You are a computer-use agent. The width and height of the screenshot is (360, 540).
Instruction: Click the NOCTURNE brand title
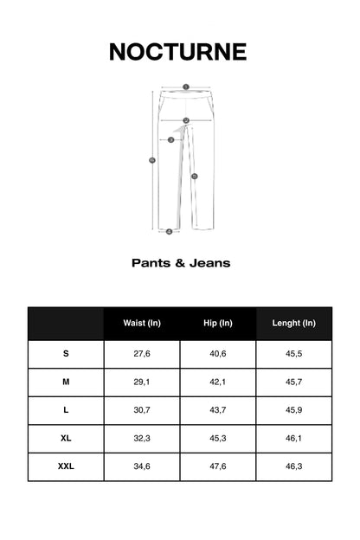tap(178, 52)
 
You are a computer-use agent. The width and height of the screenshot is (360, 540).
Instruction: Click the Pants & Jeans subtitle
tap(181, 262)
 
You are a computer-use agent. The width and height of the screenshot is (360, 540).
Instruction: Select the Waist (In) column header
tap(142, 323)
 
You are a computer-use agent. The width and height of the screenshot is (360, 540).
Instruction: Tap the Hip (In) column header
tap(218, 323)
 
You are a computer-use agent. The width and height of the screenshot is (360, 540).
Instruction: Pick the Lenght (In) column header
tap(294, 323)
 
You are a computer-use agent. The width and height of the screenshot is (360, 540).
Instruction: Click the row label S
tap(66, 354)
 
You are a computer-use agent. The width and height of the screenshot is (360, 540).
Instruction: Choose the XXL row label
tap(66, 466)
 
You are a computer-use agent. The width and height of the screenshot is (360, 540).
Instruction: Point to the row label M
tap(66, 382)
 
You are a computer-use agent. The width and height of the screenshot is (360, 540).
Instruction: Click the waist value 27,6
tap(142, 354)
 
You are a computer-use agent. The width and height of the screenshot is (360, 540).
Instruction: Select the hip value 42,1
tap(218, 382)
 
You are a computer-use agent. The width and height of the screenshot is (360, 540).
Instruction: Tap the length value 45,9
tap(294, 410)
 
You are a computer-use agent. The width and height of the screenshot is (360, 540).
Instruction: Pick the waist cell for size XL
tap(142, 439)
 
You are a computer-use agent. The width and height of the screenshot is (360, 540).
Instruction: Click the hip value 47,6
tap(218, 466)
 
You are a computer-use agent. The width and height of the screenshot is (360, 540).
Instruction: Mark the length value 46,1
tap(294, 439)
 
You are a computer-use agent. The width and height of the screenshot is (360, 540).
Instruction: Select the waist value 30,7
tap(142, 410)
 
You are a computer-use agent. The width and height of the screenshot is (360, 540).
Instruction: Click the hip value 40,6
tap(218, 354)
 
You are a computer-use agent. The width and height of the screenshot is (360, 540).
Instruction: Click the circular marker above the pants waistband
tap(185, 87)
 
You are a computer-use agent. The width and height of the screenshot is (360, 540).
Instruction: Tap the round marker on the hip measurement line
tap(185, 120)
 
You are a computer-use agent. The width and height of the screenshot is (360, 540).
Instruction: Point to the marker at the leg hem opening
tap(169, 231)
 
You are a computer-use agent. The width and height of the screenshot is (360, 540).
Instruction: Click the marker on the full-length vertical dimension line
tap(153, 159)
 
